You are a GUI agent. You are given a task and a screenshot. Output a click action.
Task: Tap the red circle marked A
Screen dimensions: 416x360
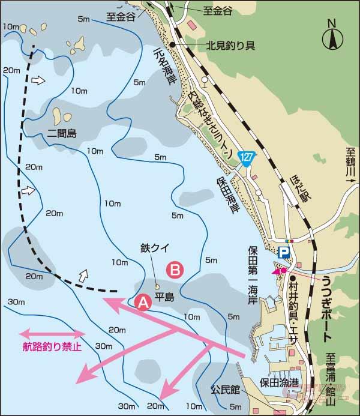143,303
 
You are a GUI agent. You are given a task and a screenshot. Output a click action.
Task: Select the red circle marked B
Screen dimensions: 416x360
175,270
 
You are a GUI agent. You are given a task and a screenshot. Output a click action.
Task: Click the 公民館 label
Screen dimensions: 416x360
225,390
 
